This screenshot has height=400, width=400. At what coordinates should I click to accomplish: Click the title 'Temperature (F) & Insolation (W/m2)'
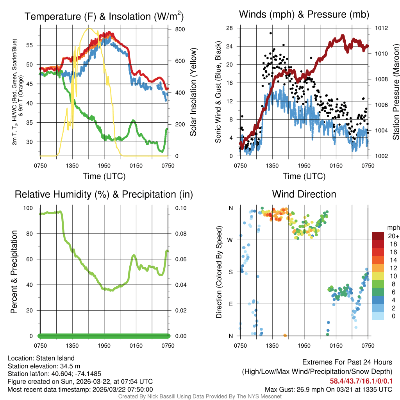click(104, 16)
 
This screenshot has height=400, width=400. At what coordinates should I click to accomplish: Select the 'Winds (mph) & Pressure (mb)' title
click(304, 14)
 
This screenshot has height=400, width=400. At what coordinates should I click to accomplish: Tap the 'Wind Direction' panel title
click(304, 194)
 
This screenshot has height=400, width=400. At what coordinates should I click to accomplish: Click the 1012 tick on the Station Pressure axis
click(382, 28)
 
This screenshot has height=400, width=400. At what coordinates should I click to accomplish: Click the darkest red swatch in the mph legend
click(378, 236)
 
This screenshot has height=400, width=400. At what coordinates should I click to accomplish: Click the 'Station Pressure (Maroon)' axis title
click(395, 92)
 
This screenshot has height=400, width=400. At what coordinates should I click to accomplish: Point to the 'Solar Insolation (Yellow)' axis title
click(193, 92)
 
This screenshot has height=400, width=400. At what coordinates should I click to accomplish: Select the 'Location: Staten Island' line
click(41, 358)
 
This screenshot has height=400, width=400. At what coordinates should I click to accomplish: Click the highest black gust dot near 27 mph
click(271, 33)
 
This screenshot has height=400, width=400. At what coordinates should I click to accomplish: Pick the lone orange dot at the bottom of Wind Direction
click(285, 335)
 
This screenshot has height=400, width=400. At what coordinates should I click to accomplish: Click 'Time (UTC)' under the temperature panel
click(104, 176)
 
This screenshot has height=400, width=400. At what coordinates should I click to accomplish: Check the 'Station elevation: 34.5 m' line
click(44, 366)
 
